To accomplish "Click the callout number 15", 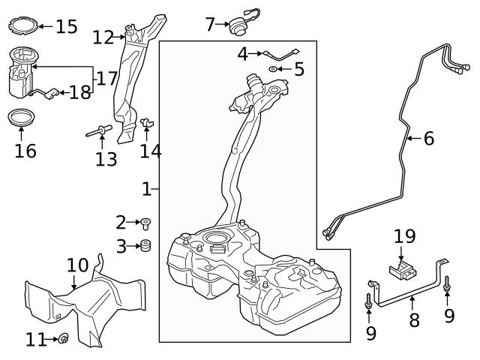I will click(x=66, y=27).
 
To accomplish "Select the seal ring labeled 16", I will click(x=21, y=118).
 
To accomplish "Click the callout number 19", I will click(x=404, y=236).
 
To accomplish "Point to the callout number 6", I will click(x=428, y=138).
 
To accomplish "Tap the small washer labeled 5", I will click(x=274, y=70).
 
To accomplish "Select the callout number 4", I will click(x=242, y=53).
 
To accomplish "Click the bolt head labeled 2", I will click(x=145, y=222).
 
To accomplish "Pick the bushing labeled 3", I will click(x=145, y=245).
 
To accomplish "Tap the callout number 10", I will click(x=77, y=265).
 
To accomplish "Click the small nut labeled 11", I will click(x=63, y=339).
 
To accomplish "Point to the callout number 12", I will click(x=103, y=36).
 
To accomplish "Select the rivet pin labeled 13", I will click(x=99, y=133).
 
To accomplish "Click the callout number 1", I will click(x=147, y=188).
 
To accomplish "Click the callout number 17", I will click(x=105, y=77).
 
